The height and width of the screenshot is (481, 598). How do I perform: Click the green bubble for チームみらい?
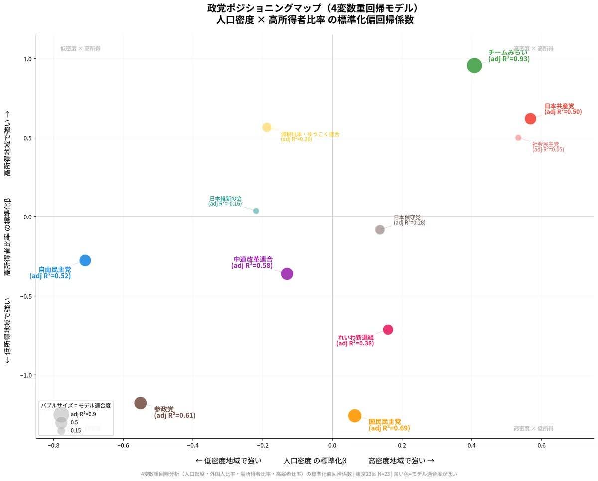point(474,65)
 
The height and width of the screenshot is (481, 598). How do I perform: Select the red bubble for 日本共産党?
point(530,119)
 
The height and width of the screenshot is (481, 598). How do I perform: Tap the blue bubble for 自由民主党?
point(85,260)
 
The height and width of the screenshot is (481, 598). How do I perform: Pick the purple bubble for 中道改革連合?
point(287,274)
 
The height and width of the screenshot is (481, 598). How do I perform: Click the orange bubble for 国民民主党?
point(354,416)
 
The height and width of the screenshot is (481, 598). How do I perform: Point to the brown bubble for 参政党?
point(141,403)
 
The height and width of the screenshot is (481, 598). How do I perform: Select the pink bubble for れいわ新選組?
point(388,330)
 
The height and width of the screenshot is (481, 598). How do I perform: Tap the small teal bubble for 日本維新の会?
point(256,211)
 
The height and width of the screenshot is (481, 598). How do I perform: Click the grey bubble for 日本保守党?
point(380,230)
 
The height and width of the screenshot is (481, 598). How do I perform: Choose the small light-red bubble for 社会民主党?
point(518,138)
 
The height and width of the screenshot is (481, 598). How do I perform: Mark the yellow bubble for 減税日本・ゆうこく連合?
point(267,127)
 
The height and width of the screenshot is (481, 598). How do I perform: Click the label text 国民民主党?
point(385,422)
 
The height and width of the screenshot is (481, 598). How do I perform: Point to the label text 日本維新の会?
point(226,198)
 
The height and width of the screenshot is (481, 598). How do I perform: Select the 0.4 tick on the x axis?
point(471,446)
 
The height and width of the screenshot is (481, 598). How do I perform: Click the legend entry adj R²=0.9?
point(83,414)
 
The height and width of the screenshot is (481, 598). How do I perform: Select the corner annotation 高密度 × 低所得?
point(533,428)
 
